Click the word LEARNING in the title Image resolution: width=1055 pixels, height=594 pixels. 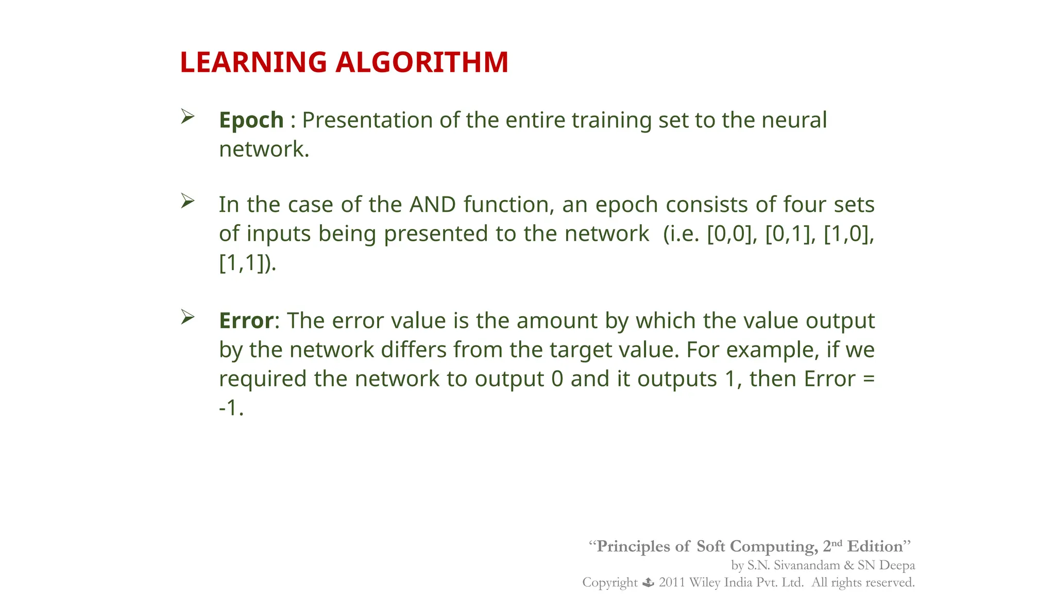[253, 62]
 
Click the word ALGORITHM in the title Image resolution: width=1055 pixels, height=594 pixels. [422, 62]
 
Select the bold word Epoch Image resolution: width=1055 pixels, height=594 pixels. [251, 120]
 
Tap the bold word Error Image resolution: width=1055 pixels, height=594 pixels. [246, 321]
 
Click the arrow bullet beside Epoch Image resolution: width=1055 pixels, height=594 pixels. [188, 117]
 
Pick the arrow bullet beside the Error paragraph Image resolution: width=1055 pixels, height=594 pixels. [188, 317]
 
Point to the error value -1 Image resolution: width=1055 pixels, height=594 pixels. [230, 408]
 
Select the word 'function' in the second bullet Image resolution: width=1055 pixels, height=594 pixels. [508, 205]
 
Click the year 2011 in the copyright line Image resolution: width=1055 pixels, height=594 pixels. [672, 583]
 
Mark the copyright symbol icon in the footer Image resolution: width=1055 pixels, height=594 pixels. [648, 583]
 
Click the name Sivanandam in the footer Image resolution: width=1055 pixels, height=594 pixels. [807, 565]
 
